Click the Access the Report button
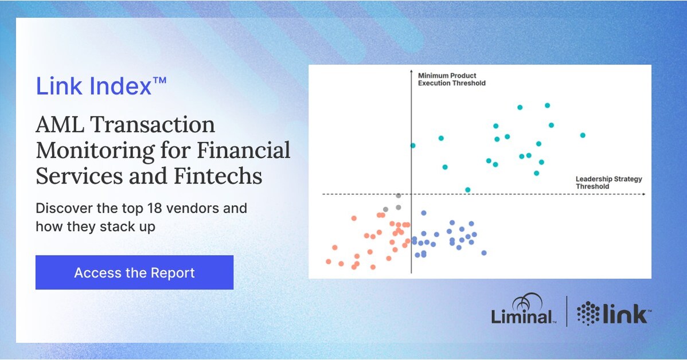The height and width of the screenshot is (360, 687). coord(134,272)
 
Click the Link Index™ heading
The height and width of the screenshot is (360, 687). coord(101,86)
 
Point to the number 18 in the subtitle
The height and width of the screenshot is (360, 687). coord(169,208)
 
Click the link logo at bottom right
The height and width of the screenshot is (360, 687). coord(613,313)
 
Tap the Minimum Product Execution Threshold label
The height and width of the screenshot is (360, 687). coord(451,79)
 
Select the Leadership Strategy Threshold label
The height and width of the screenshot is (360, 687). coord(608,182)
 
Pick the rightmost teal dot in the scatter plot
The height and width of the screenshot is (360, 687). coord(582,135)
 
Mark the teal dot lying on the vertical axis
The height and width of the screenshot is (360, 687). coord(412,146)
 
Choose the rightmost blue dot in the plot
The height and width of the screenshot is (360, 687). coord(483,253)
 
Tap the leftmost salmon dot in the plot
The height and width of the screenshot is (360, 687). coord(329,261)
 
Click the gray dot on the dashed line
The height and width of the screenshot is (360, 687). coord(399,195)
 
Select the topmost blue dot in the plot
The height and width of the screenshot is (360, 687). coord(424,213)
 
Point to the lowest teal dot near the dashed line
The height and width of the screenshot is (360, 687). coord(467,190)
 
